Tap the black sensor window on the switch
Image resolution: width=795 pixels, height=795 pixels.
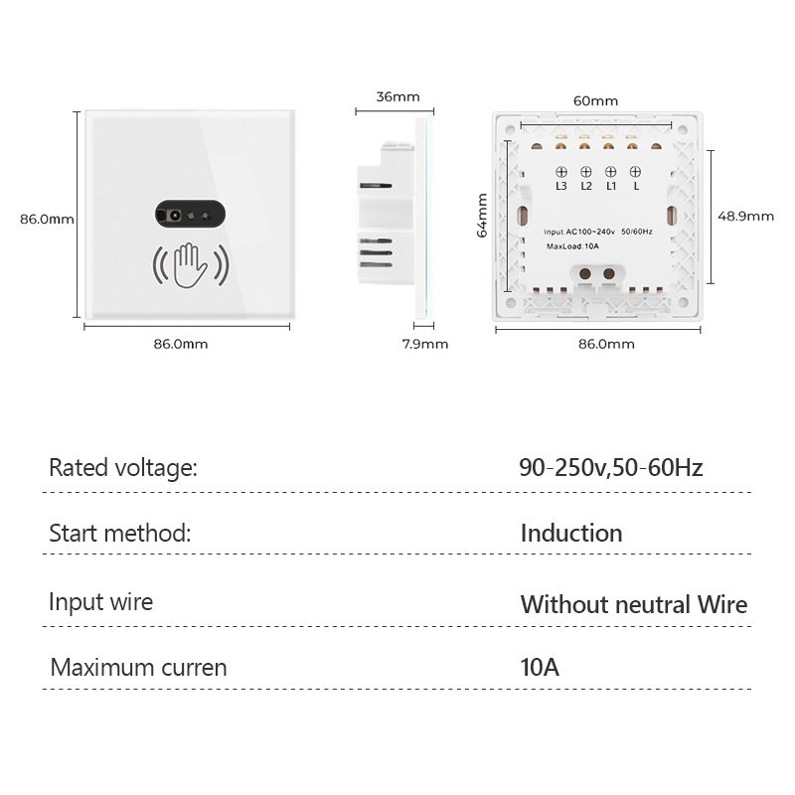coord(189,215)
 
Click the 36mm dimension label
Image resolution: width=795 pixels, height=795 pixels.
coord(397,97)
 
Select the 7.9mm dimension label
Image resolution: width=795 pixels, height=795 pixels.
coord(424,344)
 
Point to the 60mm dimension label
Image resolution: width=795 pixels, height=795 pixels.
coord(595,100)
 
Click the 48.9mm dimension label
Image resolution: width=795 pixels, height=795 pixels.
coord(746,216)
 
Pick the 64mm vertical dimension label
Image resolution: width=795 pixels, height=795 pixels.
coord(482,216)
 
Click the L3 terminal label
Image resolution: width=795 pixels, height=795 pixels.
coord(561,186)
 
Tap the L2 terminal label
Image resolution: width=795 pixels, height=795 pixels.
coord(586,186)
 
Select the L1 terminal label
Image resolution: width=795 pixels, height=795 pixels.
coord(611,186)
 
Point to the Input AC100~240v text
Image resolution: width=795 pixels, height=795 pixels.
coord(580,232)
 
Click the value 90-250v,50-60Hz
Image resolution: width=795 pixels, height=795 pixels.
coord(610,467)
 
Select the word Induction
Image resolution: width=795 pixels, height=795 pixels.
coord(571,533)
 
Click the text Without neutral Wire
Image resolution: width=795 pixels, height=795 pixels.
coord(633,603)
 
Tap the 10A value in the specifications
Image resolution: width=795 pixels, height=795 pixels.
coord(540,667)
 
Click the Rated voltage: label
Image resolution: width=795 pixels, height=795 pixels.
coord(123,468)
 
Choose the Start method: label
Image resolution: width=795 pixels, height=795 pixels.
coord(119,533)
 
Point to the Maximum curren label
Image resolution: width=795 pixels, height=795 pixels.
coord(138,667)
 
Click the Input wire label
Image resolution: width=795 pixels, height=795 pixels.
coord(101,601)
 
